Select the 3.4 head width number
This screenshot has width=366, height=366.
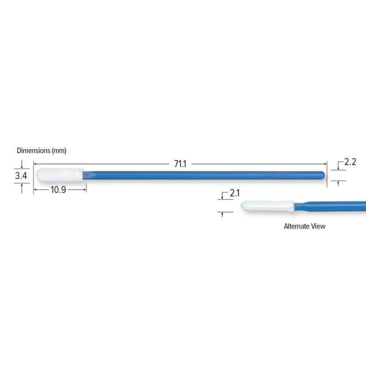(21, 175)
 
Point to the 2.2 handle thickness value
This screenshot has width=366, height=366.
(350, 161)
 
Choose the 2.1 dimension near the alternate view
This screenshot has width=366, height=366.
(235, 193)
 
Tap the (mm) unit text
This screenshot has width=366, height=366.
(59, 150)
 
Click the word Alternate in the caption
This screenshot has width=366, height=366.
(299, 226)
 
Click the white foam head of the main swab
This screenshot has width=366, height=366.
(59, 174)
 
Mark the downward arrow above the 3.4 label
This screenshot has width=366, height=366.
(21, 166)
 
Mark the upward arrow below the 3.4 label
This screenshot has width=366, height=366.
(21, 185)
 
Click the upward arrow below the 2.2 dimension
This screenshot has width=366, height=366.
(338, 183)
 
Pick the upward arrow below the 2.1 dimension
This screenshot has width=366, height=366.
(222, 214)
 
